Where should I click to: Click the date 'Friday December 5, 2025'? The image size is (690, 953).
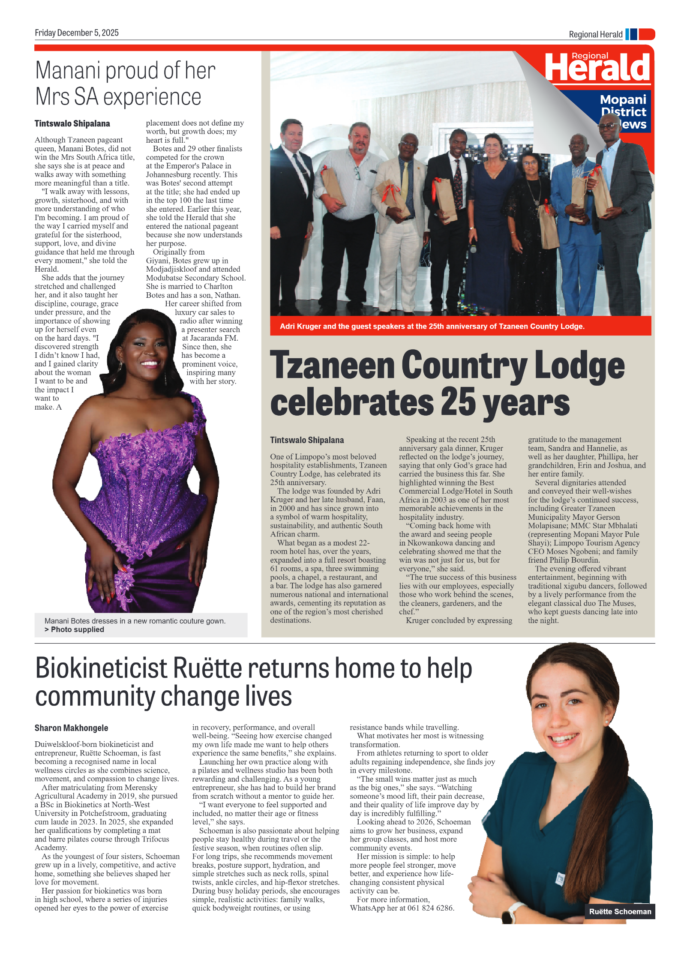(77, 33)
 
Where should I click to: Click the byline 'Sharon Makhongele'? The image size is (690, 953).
(71, 728)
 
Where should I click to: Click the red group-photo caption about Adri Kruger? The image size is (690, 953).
(432, 327)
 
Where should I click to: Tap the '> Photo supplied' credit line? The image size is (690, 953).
(75, 629)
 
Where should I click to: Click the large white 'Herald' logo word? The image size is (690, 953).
(598, 69)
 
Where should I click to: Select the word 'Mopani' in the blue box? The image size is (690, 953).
(623, 99)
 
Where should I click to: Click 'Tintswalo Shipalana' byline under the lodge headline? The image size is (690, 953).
(307, 440)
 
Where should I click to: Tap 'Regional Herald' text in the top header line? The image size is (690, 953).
(595, 34)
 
